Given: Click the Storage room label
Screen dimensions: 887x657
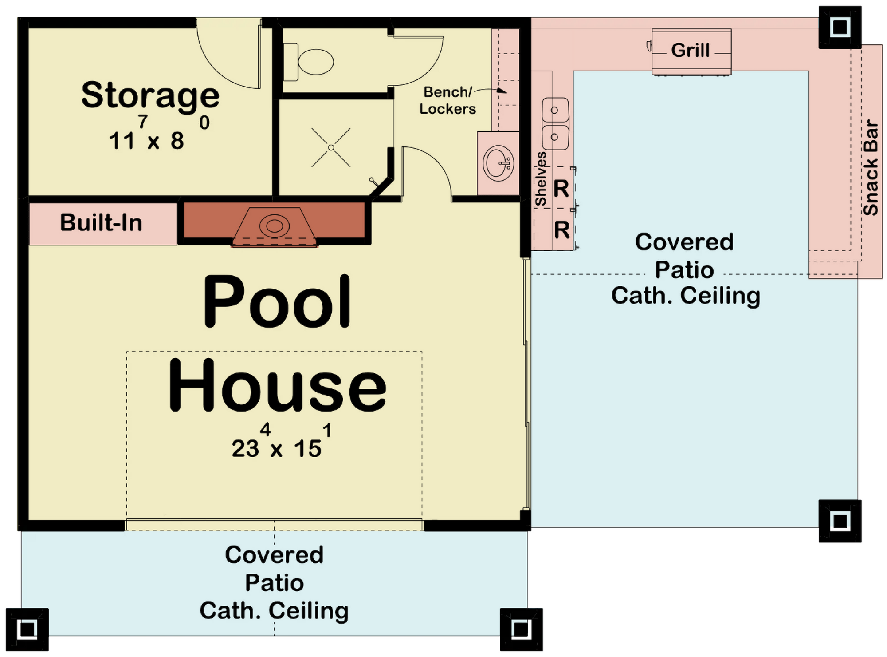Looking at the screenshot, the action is point(150,95).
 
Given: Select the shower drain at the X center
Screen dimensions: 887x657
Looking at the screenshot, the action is point(331,147).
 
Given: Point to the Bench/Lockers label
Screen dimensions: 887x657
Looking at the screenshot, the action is point(447,100).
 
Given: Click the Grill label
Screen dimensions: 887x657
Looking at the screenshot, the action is point(691,50).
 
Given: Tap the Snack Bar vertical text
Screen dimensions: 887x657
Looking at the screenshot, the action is point(871,167).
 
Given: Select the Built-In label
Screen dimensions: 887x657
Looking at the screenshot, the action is point(101,222).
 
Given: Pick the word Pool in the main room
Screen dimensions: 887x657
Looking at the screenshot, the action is point(277,301).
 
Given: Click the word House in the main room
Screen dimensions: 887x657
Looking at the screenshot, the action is point(277,385).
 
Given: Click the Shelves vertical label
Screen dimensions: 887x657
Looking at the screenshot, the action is point(541,179).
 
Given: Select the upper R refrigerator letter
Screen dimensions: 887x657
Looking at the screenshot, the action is point(561,189).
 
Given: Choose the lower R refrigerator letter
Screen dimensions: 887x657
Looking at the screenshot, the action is point(562,230).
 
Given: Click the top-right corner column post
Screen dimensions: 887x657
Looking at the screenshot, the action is point(840,28).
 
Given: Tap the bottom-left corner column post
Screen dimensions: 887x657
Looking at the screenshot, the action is point(27,629).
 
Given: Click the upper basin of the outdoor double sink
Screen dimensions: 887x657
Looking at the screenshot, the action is point(555,110).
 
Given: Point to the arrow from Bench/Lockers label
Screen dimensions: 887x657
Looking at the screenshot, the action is point(491,89).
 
